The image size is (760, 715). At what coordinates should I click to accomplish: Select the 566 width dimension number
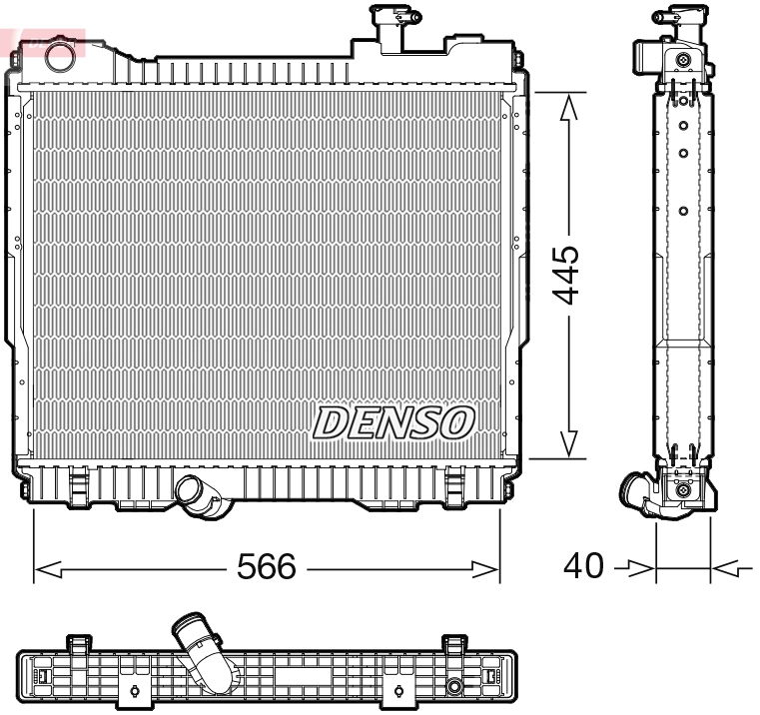[266, 567]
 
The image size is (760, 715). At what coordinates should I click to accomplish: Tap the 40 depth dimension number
[584, 566]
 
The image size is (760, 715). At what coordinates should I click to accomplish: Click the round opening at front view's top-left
[61, 51]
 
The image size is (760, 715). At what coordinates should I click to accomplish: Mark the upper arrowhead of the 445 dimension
[568, 105]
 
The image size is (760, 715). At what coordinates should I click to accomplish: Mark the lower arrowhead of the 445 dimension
[568, 445]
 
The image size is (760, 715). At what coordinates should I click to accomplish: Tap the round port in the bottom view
[454, 687]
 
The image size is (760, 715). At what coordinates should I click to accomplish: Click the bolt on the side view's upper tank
[683, 60]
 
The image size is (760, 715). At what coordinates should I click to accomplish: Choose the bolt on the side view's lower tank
[683, 489]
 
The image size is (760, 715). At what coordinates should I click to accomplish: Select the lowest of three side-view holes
[683, 211]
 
